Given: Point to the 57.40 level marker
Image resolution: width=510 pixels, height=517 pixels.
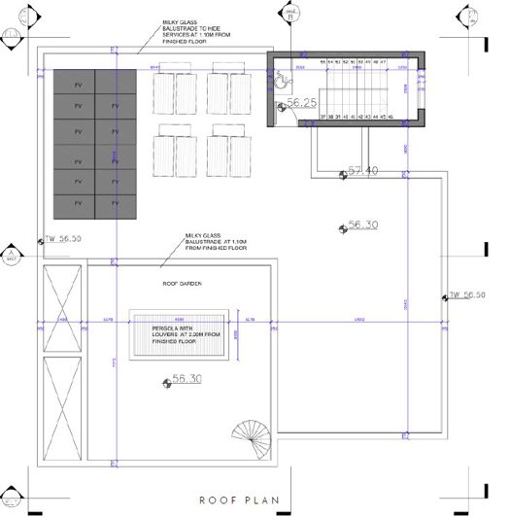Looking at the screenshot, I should [x=359, y=172].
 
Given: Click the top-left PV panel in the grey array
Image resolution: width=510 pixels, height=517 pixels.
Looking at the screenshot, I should [x=78, y=84].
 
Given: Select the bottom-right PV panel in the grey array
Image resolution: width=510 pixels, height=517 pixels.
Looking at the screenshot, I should [x=120, y=205].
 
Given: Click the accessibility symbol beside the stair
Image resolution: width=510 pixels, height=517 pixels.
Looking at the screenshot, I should [x=279, y=85].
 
